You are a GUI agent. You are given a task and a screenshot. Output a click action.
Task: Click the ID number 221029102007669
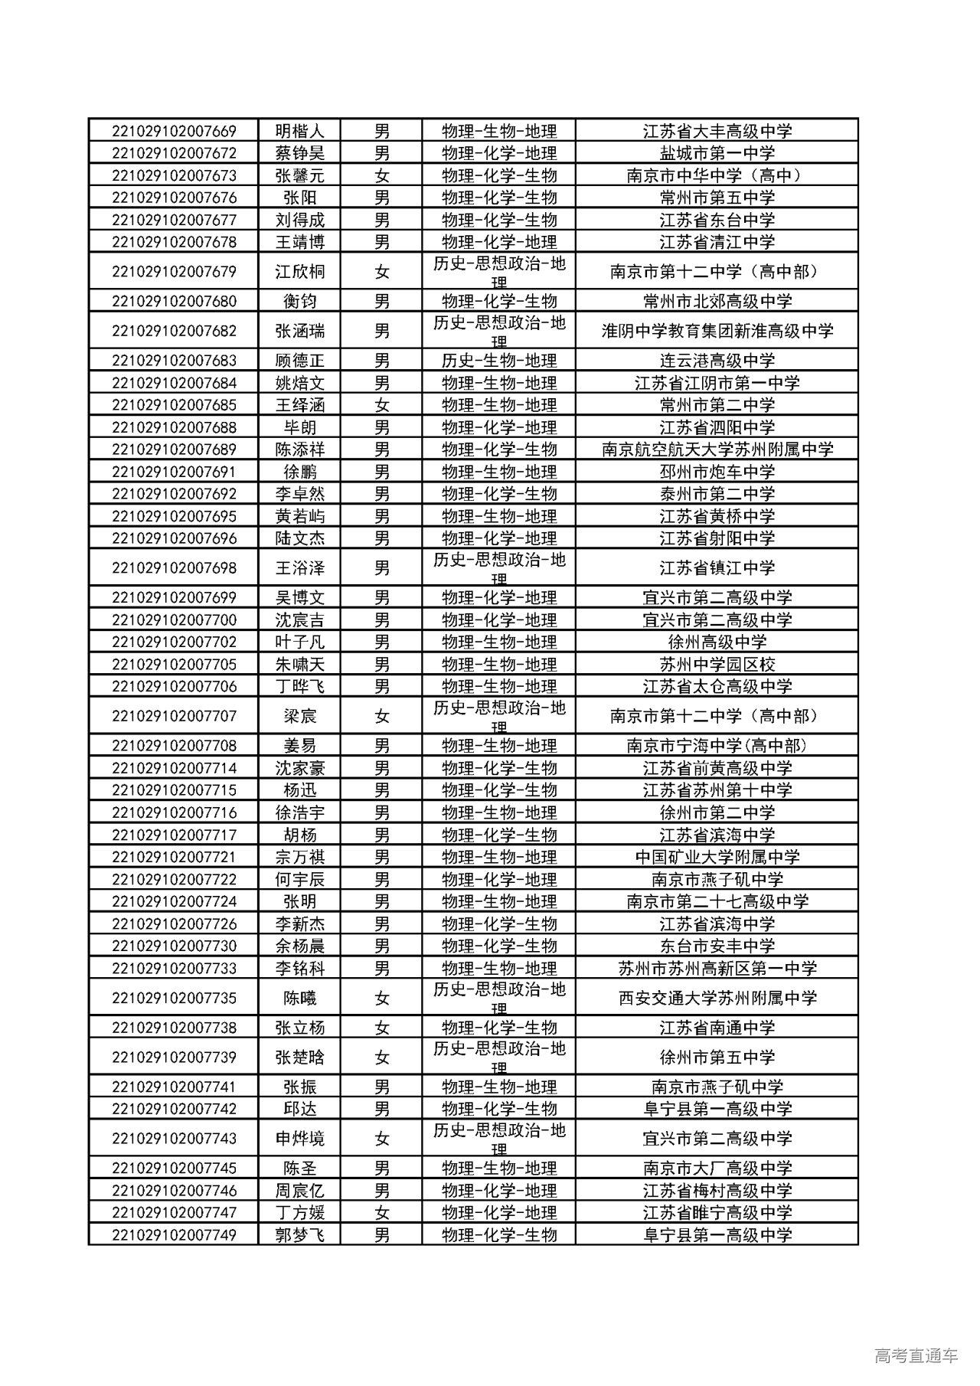[x=174, y=131]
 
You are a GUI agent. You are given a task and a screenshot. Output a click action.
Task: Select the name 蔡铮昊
[x=299, y=153]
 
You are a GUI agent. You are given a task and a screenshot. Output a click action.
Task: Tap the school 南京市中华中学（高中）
[x=717, y=175]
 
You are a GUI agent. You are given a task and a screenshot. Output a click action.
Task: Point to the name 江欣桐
[x=299, y=271]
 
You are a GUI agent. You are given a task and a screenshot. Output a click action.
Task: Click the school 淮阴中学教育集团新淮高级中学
[x=717, y=331]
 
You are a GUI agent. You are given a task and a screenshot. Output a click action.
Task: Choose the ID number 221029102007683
[x=174, y=361]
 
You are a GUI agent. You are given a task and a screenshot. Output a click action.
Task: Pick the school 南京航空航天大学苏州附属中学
[x=717, y=449]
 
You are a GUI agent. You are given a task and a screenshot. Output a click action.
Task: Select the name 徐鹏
[x=299, y=472]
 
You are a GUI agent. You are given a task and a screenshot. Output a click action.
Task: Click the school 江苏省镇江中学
[x=717, y=567]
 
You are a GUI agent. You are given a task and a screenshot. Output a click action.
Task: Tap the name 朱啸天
[x=299, y=664]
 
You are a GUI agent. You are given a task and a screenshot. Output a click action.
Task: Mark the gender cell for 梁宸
[x=381, y=716]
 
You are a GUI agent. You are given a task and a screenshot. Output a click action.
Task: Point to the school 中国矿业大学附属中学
[x=717, y=857]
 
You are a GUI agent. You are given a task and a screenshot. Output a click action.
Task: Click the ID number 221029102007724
[x=174, y=901]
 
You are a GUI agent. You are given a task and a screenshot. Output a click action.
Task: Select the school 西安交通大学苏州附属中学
[x=717, y=998]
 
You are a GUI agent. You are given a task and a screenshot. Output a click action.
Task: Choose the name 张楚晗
[x=299, y=1057]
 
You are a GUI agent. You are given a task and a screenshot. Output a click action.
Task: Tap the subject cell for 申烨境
[x=498, y=1139]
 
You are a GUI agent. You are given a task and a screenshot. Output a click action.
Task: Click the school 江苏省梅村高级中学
[x=717, y=1191]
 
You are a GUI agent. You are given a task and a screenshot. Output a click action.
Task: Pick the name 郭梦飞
[x=299, y=1235]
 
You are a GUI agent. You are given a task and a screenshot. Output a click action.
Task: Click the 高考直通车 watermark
[x=916, y=1355]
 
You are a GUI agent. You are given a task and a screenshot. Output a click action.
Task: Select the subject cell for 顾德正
[x=498, y=361]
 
